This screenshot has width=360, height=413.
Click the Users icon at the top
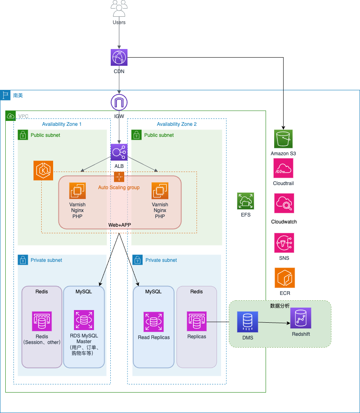[119, 9]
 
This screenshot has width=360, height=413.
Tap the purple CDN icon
[119, 57]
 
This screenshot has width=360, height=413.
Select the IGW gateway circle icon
[119, 103]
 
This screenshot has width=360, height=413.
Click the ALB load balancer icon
[119, 152]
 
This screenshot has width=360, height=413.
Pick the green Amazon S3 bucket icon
[283, 139]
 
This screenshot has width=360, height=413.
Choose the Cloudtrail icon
[283, 168]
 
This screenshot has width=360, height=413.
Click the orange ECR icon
[284, 278]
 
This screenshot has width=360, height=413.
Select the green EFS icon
[246, 201]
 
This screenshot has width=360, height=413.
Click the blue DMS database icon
[248, 321]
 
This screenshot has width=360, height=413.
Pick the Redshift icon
[301, 318]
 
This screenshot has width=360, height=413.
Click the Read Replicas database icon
[154, 322]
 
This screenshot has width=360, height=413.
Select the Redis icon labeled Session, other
[42, 321]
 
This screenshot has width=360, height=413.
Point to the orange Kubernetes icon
[43, 170]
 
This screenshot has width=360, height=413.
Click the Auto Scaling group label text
[119, 188]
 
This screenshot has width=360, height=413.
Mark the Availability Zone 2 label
[177, 124]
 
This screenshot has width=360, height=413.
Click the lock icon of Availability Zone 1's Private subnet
[23, 260]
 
